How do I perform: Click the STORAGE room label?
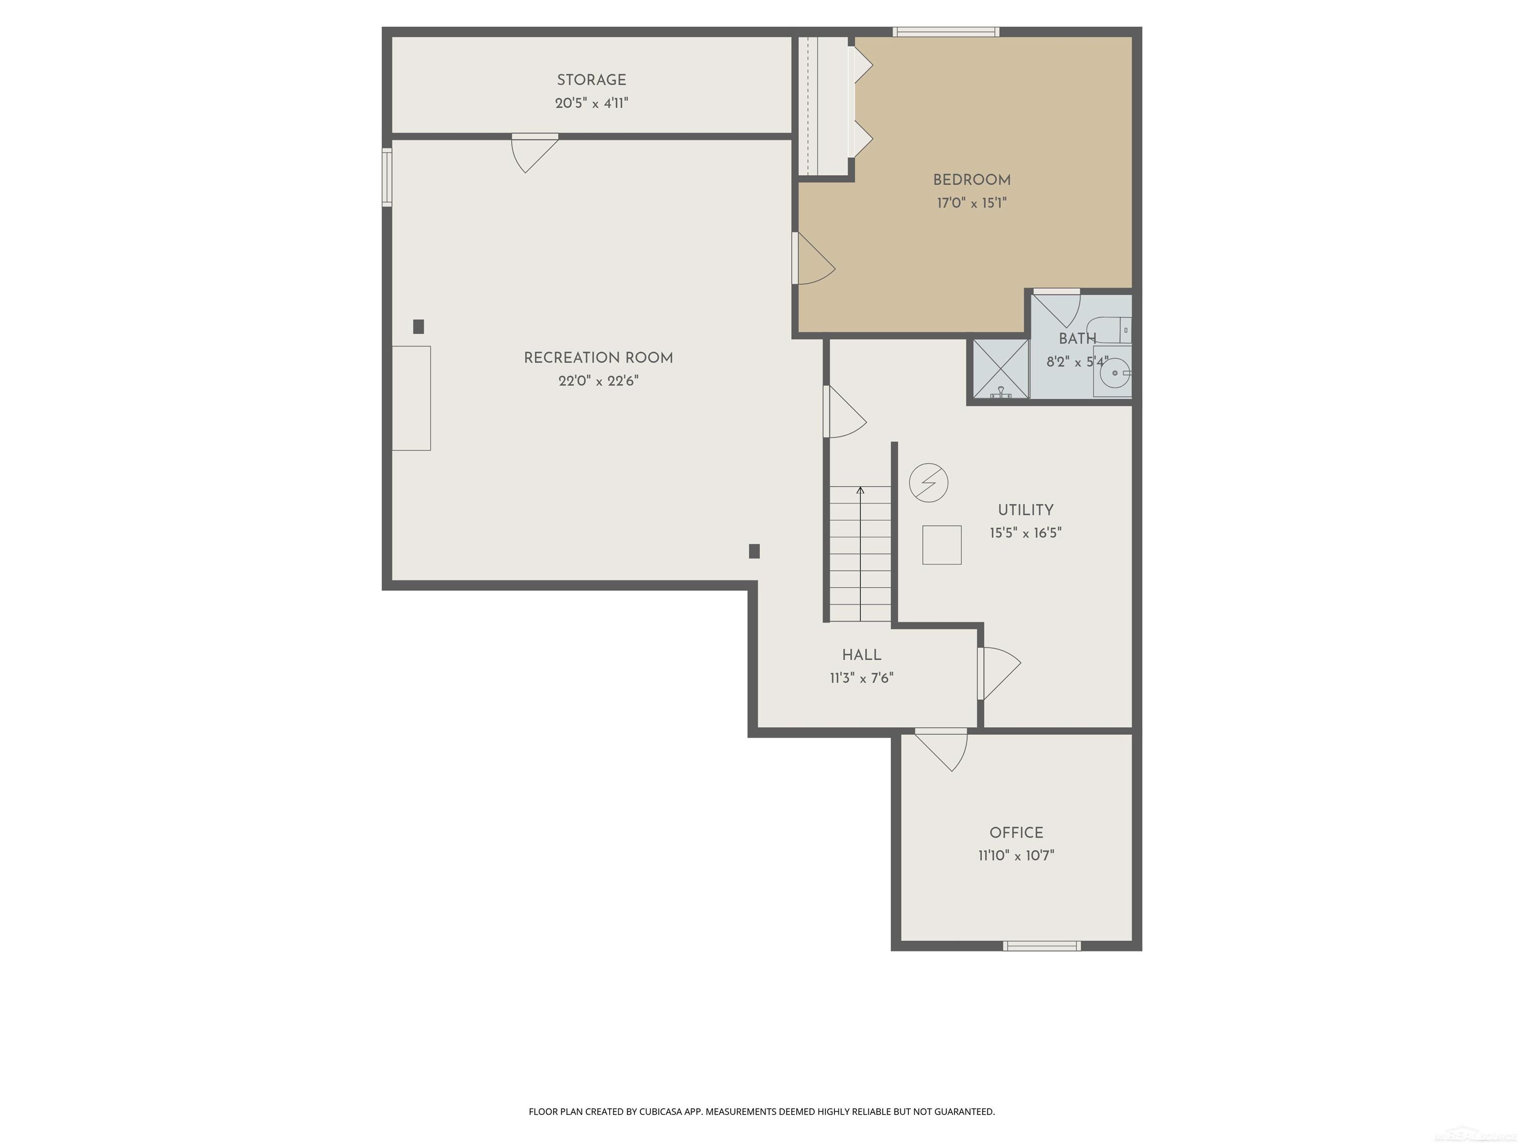pyautogui.click(x=591, y=80)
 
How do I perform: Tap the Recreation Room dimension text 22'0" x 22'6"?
pyautogui.click(x=598, y=381)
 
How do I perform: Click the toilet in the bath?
pyautogui.click(x=1111, y=329)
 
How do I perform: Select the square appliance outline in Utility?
pyautogui.click(x=941, y=545)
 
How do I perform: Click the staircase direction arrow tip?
pyautogui.click(x=860, y=489)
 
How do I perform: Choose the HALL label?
pyautogui.click(x=861, y=655)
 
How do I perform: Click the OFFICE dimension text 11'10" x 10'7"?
pyautogui.click(x=1016, y=856)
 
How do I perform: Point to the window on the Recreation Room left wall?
pyautogui.click(x=387, y=177)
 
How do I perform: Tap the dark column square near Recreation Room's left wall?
pyautogui.click(x=418, y=326)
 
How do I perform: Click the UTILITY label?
pyautogui.click(x=1025, y=510)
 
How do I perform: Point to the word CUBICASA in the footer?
pyautogui.click(x=662, y=1111)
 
